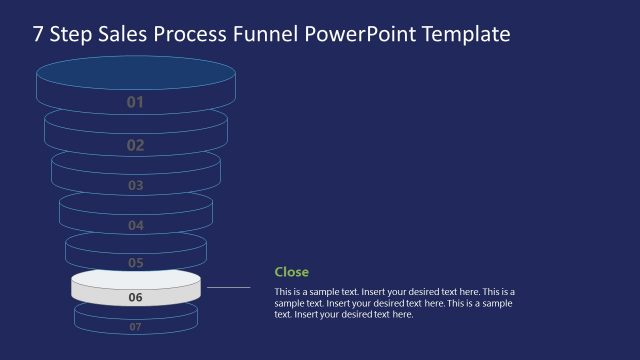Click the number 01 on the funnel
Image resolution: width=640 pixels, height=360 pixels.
tap(136, 102)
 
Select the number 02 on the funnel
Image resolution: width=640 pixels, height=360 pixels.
tap(136, 145)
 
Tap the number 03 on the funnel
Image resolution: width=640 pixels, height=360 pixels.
tap(136, 185)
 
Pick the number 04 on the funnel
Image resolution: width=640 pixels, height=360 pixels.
tap(136, 225)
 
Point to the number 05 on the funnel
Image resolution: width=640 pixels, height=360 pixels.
tap(136, 262)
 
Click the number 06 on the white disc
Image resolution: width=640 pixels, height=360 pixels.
tap(136, 297)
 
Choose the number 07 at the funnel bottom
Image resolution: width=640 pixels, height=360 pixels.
tap(136, 326)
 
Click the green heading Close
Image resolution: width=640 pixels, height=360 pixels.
tap(292, 272)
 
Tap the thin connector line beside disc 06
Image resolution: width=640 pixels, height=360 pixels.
tap(228, 287)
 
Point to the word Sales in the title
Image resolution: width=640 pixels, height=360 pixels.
tap(119, 35)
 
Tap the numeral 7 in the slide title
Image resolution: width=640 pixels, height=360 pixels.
tap(38, 35)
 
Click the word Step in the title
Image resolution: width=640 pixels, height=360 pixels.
tap(70, 35)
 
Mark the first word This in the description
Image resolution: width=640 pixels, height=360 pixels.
tap(284, 291)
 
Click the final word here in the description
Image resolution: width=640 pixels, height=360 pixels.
tap(402, 314)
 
